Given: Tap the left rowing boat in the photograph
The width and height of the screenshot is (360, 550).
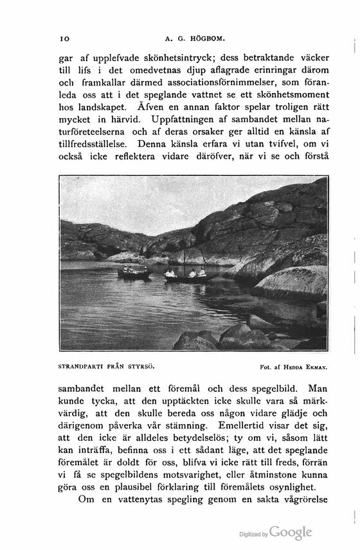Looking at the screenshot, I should pos(134,274).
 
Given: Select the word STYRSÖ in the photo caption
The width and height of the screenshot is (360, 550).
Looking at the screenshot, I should pos(143,368).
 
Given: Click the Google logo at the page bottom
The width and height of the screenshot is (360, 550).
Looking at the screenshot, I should pos(291,533).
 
